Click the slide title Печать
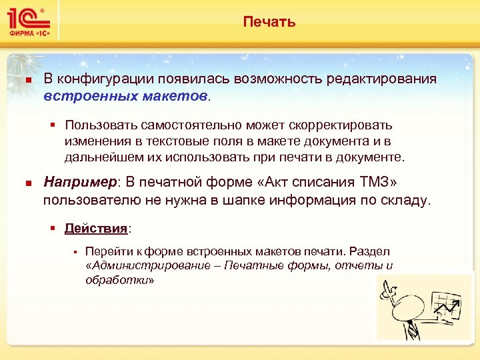pyautogui.click(x=269, y=23)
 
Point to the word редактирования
pyautogui.click(x=382, y=79)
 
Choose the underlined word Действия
pyautogui.click(x=96, y=229)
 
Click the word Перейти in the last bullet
pyautogui.click(x=103, y=251)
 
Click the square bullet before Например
pyautogui.click(x=27, y=183)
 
